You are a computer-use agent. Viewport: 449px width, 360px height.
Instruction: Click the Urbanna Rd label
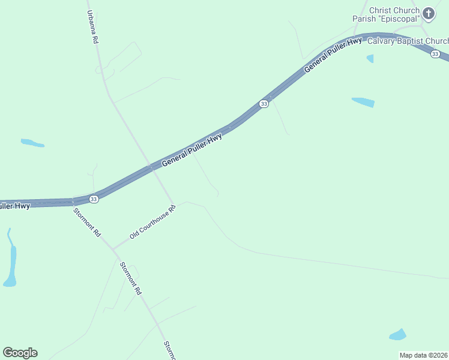[92, 27]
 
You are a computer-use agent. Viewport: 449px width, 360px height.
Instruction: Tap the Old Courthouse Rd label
[153, 223]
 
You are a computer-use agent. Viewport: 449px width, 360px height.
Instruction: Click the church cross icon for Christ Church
[429, 13]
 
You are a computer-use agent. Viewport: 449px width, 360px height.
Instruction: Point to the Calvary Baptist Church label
[408, 41]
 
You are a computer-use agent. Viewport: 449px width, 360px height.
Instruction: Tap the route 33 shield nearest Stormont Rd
[94, 199]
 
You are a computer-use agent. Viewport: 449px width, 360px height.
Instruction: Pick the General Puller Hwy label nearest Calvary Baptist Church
[333, 55]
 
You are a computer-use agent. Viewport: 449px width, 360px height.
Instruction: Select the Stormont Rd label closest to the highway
[86, 222]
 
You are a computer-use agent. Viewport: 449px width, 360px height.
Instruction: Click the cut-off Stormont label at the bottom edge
[169, 350]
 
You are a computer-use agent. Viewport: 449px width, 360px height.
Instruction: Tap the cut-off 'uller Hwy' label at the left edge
[14, 206]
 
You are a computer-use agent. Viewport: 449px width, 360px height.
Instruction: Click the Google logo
[20, 353]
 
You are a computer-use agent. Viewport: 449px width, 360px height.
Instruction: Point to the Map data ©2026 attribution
[424, 355]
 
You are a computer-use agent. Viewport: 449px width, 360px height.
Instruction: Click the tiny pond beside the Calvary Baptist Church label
[370, 58]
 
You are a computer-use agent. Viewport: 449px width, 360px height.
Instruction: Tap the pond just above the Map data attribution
[397, 334]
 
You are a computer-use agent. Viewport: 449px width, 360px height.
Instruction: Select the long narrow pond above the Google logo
[11, 262]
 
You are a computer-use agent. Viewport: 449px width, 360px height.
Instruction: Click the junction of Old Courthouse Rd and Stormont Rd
[112, 248]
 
